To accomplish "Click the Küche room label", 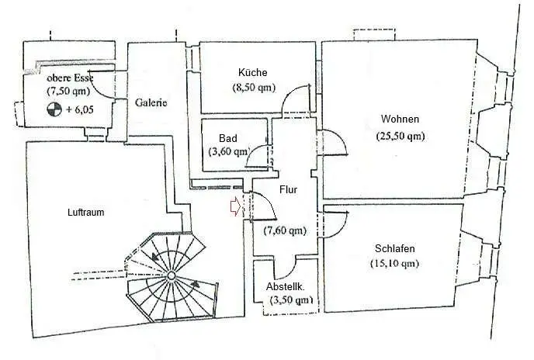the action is pyautogui.click(x=253, y=73).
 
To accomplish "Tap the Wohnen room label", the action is pyautogui.click(x=400, y=119).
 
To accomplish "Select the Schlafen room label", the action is pyautogui.click(x=395, y=248).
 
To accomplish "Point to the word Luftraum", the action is pyautogui.click(x=86, y=212).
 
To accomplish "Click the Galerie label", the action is pyautogui.click(x=151, y=102).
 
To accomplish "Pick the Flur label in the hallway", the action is pyautogui.click(x=288, y=190).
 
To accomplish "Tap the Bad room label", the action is pyautogui.click(x=228, y=138).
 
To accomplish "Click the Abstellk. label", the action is pyautogui.click(x=286, y=287).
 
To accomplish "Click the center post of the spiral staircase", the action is pyautogui.click(x=171, y=275).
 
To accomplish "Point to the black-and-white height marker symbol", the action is pyautogui.click(x=54, y=109).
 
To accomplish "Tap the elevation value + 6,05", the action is pyautogui.click(x=80, y=109).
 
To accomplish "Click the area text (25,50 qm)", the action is pyautogui.click(x=400, y=137).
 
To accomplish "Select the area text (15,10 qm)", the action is pyautogui.click(x=394, y=263).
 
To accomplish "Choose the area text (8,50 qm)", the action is pyautogui.click(x=254, y=88).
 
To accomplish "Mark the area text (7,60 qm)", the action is pyautogui.click(x=285, y=230).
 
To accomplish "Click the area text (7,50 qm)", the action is pyautogui.click(x=68, y=91).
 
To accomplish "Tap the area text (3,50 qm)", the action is pyautogui.click(x=291, y=300).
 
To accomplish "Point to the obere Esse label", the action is pyautogui.click(x=70, y=78).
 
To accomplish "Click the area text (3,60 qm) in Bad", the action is pyautogui.click(x=229, y=151).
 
